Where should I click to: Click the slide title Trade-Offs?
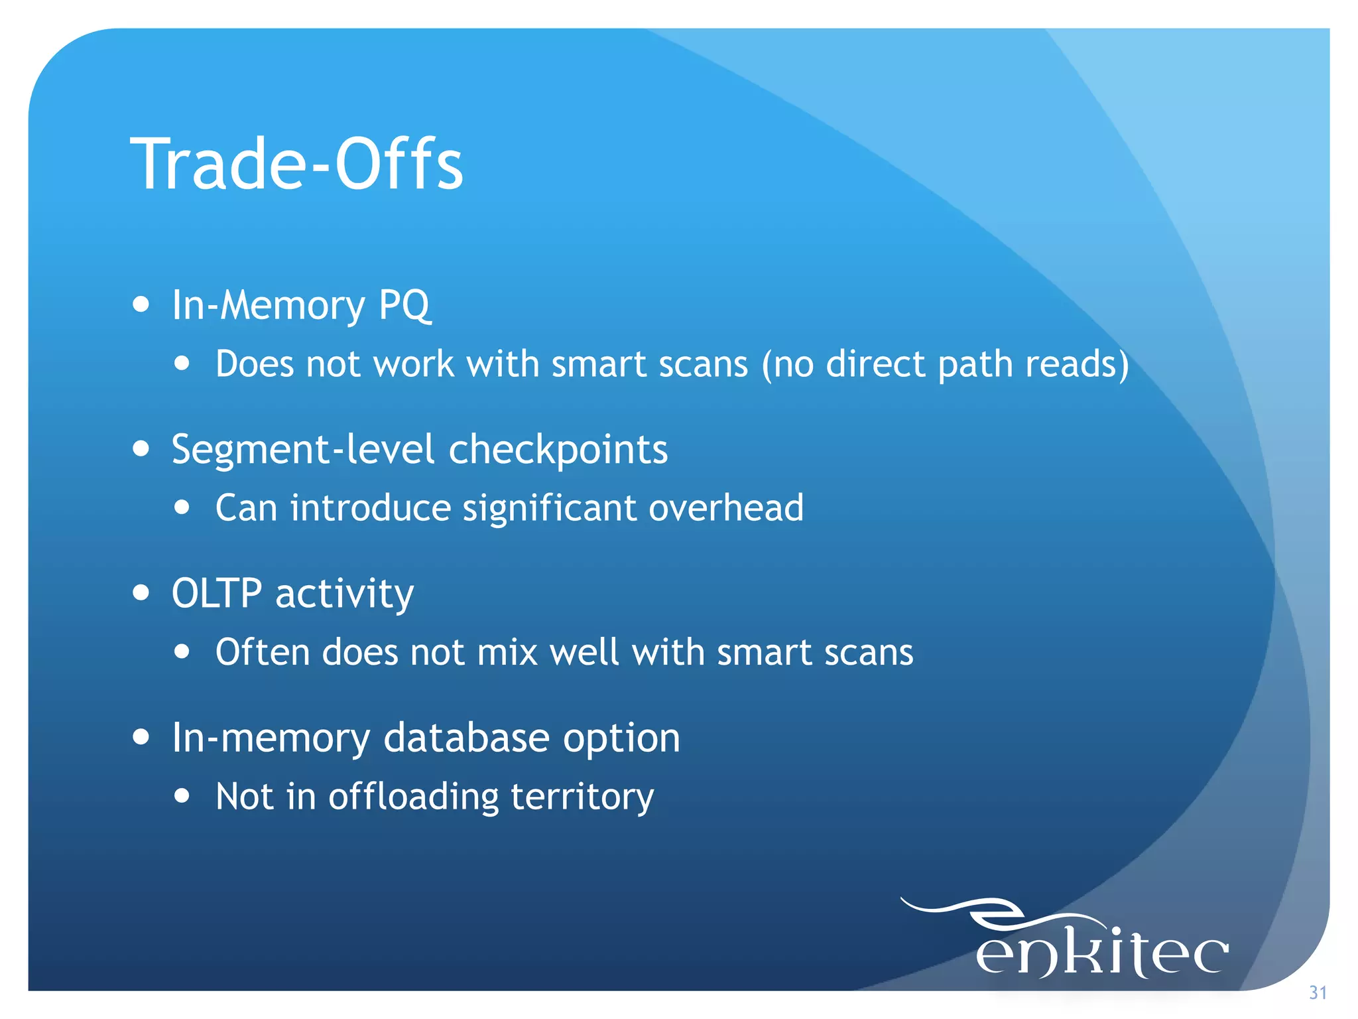click(x=296, y=164)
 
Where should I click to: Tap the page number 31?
click(x=1318, y=992)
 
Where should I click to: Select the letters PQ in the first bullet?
click(x=404, y=305)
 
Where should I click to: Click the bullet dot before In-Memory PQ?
click(x=141, y=305)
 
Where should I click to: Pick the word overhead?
click(x=726, y=508)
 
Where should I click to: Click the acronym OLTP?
click(x=217, y=593)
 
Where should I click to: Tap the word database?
click(x=466, y=737)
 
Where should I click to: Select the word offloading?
click(x=413, y=796)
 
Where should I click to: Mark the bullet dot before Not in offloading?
click(x=182, y=795)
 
